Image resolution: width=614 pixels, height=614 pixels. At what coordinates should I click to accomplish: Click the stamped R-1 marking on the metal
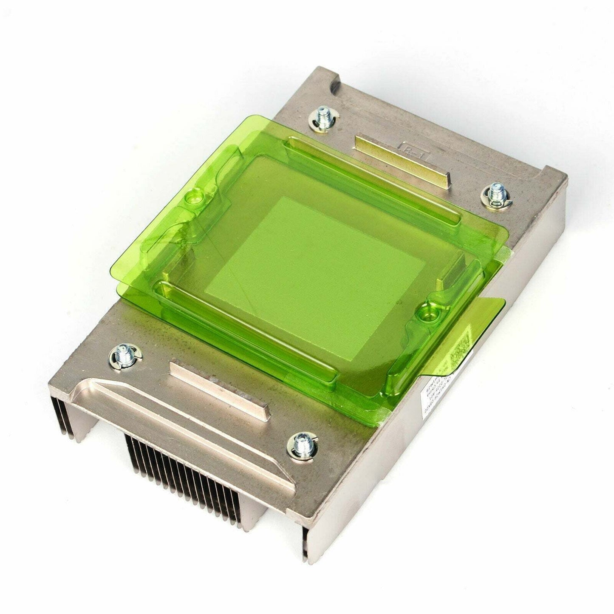click(411, 150)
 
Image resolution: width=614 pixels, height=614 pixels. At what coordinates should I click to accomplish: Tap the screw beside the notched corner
click(325, 118)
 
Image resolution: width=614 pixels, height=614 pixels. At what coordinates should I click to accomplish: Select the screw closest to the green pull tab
click(495, 195)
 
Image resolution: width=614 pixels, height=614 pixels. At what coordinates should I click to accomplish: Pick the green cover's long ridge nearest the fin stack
click(246, 331)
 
